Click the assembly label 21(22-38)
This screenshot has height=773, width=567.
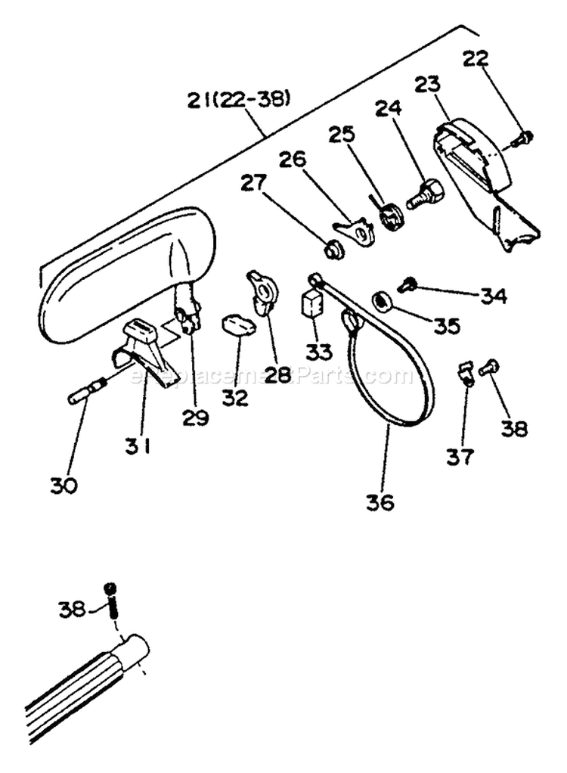coord(239,100)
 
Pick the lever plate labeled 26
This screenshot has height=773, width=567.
coord(355,229)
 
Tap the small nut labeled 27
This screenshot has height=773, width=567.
coord(333,248)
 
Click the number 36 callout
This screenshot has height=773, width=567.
coord(381,501)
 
